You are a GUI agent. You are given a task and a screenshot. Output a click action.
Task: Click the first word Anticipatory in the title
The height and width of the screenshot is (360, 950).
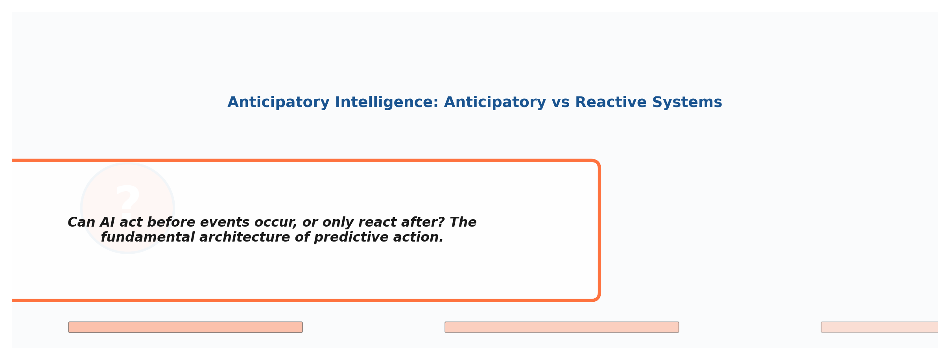pos(278,102)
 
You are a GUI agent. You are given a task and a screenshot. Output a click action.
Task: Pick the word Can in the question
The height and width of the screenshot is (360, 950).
pos(81,222)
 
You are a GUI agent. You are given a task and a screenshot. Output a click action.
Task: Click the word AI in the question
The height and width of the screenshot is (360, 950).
pos(107,222)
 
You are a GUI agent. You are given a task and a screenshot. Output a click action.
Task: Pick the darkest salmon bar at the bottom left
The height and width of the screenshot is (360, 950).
pos(185,327)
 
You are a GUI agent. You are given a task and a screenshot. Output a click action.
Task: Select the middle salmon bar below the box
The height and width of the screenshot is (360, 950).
pos(562,327)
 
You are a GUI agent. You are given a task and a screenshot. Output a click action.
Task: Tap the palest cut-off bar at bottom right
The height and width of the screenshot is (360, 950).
pos(880,327)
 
